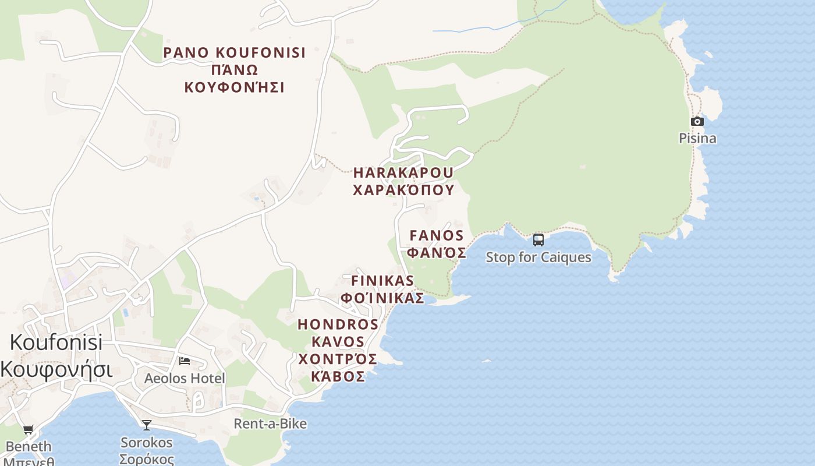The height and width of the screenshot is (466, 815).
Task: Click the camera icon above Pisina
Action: [x=697, y=122]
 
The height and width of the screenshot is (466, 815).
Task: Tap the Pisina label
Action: [x=697, y=139]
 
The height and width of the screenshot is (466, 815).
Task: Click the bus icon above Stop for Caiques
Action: [x=538, y=239]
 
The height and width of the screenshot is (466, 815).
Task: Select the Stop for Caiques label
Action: [x=538, y=257]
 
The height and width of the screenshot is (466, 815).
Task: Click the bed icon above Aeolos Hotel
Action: [x=185, y=361]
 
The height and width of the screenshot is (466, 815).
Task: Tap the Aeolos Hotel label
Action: [x=185, y=379]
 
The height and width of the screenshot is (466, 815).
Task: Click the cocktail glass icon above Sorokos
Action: [x=147, y=425]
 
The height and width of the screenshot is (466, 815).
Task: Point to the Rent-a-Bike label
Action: [x=270, y=423]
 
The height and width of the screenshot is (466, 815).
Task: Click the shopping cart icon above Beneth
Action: [x=28, y=430]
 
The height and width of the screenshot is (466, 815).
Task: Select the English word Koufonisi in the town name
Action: [x=56, y=342]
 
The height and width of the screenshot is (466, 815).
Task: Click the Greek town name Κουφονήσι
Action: [x=56, y=370]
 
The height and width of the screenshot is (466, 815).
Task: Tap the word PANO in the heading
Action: [x=186, y=52]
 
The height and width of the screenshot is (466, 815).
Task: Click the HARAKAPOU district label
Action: [x=403, y=173]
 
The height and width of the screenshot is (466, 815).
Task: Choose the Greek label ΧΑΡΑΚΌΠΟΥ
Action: [x=403, y=190]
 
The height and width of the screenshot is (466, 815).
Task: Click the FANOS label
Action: [x=437, y=236]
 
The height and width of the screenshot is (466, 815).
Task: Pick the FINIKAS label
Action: [x=382, y=281]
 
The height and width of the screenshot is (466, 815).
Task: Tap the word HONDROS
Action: [x=338, y=324]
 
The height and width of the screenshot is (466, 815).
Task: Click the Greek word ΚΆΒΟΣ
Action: [x=338, y=376]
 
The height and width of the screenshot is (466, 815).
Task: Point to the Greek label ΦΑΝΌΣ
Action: [x=437, y=253]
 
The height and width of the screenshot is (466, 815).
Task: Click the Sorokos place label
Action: [x=147, y=443]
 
